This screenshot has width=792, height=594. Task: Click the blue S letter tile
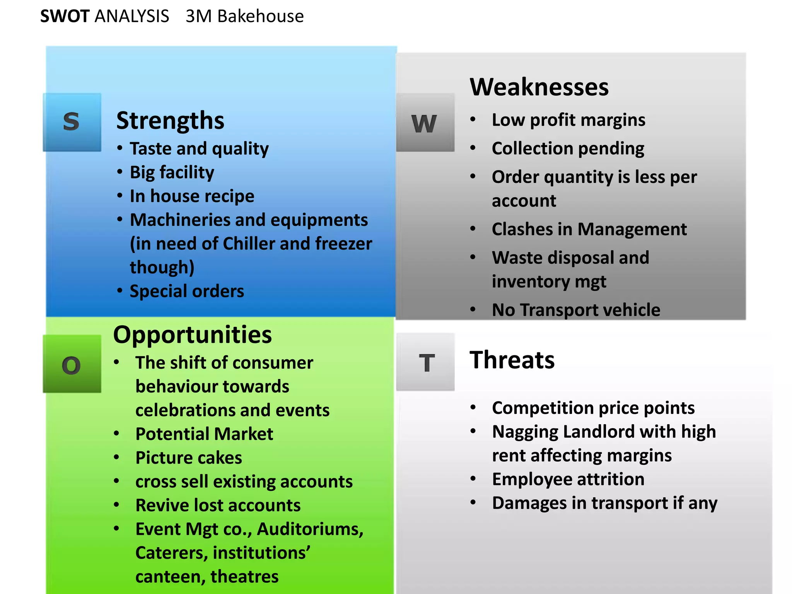click(72, 122)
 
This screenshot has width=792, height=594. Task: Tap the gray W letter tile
click(425, 123)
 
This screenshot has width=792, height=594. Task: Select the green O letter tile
click(72, 364)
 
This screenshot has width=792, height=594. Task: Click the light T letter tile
click(425, 362)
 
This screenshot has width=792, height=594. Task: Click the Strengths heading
click(170, 121)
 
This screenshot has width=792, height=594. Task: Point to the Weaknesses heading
click(539, 87)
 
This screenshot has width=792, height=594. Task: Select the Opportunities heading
click(193, 335)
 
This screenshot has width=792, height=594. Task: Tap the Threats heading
click(512, 360)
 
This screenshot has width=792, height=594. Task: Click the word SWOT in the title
click(65, 16)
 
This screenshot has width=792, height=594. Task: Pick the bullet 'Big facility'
click(172, 172)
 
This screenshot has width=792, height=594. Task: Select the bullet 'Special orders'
click(187, 291)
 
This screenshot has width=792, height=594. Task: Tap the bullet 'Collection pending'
click(568, 148)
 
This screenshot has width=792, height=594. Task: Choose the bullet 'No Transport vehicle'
click(576, 310)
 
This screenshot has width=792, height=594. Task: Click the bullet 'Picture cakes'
click(189, 458)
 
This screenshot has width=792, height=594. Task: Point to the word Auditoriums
click(310, 529)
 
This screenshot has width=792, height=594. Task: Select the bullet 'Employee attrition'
click(568, 479)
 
